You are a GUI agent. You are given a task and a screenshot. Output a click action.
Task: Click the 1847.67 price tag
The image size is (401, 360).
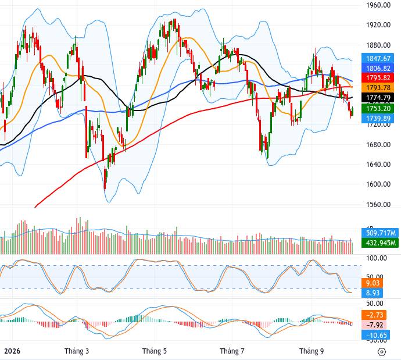(x=378, y=59)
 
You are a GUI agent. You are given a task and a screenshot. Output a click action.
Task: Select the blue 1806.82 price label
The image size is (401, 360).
(x=378, y=68)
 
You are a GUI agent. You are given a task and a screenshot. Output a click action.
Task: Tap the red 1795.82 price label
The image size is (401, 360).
(x=378, y=78)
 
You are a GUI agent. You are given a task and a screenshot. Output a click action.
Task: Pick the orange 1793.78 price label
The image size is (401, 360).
(x=378, y=88)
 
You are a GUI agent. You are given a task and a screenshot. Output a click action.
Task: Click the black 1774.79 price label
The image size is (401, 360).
(x=378, y=98)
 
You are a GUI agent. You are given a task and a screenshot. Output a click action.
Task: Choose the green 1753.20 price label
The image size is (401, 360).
(x=378, y=109)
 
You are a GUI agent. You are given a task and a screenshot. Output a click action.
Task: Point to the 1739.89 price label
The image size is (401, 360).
(x=378, y=118)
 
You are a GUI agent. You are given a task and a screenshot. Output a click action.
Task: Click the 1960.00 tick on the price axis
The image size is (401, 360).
(x=378, y=5)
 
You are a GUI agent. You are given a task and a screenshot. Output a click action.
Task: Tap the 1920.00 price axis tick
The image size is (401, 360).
(x=378, y=25)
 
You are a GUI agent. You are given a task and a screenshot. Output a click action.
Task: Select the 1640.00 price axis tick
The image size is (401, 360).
(x=378, y=164)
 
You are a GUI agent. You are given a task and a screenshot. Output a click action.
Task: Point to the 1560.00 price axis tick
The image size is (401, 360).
(x=378, y=205)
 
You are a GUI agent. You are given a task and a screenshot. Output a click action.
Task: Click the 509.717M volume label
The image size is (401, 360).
(x=380, y=233)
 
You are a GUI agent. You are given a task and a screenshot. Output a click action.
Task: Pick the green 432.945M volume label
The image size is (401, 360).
(x=380, y=243)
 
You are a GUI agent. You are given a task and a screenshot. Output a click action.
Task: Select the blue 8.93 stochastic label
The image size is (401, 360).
(x=373, y=293)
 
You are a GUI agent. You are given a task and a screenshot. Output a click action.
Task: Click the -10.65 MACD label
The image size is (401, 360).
(x=375, y=335)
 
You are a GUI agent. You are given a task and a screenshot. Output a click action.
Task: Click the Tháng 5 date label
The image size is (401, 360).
(x=155, y=351)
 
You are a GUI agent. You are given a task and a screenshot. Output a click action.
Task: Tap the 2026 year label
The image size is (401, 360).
(x=12, y=351)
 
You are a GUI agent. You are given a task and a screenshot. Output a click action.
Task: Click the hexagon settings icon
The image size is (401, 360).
(x=382, y=352)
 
